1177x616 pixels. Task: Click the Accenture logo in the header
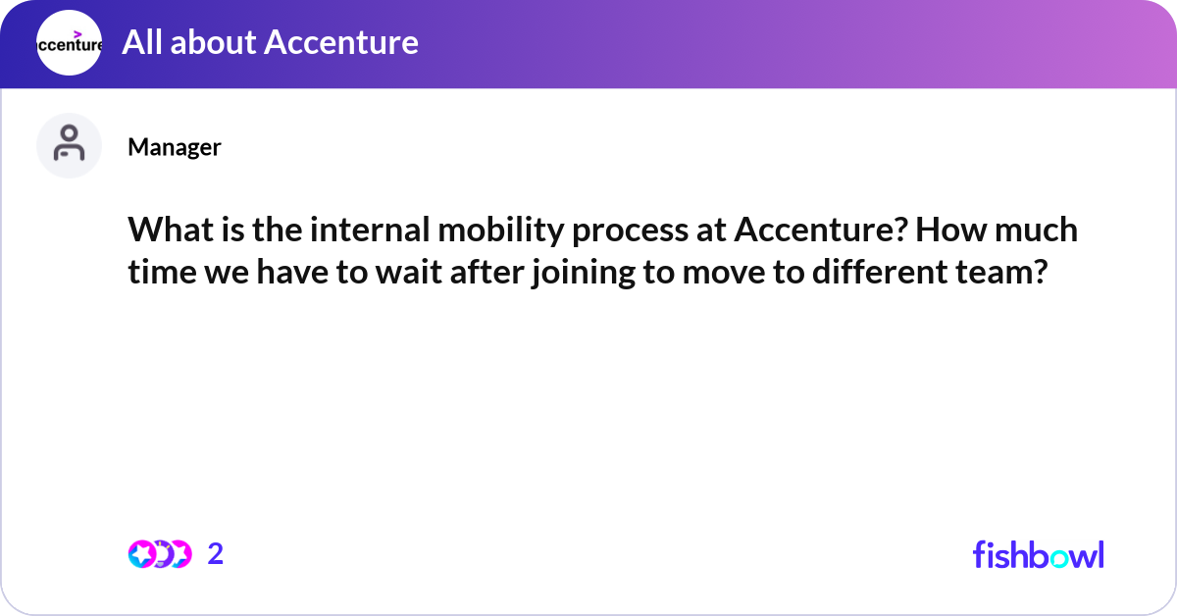[x=69, y=42]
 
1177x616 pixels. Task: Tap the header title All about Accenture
[x=270, y=42]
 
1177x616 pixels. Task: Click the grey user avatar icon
[x=69, y=145]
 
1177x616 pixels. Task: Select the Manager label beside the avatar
[x=175, y=147]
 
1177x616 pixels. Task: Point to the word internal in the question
[x=370, y=230]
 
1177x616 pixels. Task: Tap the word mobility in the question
[x=501, y=231]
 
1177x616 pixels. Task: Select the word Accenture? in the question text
[x=821, y=230]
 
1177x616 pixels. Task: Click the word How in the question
[x=951, y=230]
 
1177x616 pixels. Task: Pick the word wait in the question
[x=409, y=273]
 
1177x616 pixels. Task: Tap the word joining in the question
[x=583, y=275]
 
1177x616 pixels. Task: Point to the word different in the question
[x=880, y=273]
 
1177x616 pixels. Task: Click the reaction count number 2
[x=216, y=554]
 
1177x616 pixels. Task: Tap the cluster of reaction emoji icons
[x=160, y=554]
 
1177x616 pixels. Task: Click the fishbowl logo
[x=1039, y=554]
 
